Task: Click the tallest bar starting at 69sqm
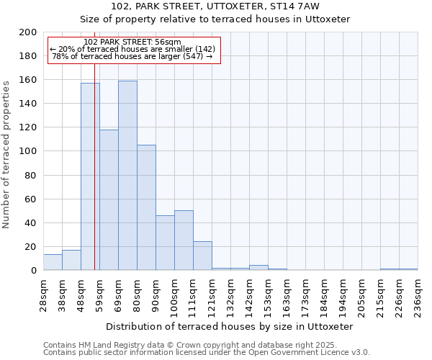click(x=127, y=176)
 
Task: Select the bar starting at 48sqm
click(x=90, y=177)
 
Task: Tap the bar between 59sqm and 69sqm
click(x=109, y=200)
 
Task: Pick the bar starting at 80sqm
click(x=146, y=208)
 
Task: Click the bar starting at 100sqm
click(x=184, y=240)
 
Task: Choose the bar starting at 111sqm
click(x=202, y=256)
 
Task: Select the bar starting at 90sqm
click(x=165, y=243)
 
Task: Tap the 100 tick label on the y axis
click(x=28, y=151)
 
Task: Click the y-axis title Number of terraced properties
click(x=7, y=154)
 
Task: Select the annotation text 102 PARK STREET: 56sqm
click(x=132, y=42)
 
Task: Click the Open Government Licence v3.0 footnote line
click(x=207, y=353)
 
